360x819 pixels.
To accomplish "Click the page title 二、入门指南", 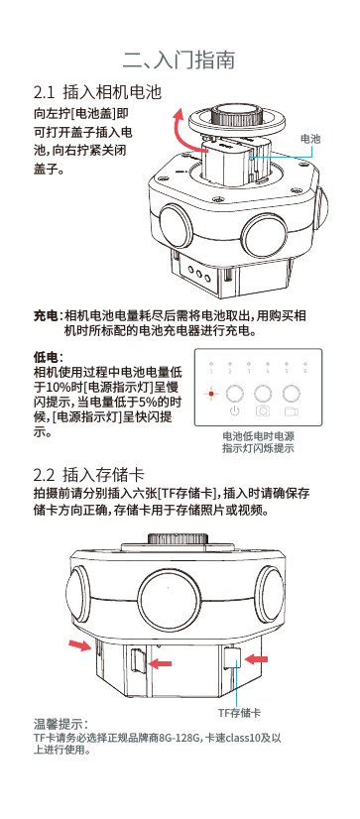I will click(x=180, y=60).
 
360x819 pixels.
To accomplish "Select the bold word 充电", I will click(x=45, y=315).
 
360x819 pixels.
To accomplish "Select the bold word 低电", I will click(x=45, y=355).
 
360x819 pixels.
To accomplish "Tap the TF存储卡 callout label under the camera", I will click(x=240, y=712).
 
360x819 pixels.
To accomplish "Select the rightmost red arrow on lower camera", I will click(x=260, y=658).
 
